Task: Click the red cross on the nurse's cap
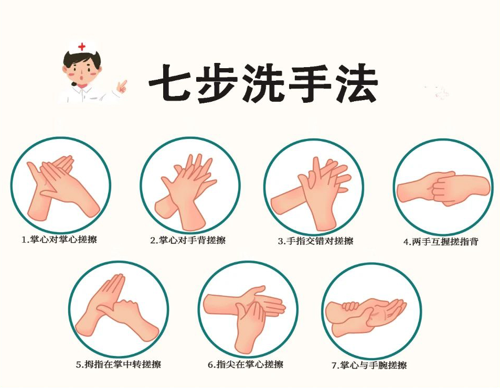[82, 47]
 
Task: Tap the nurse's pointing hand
[121, 86]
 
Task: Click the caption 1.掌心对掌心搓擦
[59, 239]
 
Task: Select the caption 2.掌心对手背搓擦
[188, 240]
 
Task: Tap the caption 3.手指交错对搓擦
[316, 241]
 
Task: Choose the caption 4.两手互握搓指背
[441, 242]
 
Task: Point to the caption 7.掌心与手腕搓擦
[369, 365]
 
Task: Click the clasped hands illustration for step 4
[443, 189]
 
